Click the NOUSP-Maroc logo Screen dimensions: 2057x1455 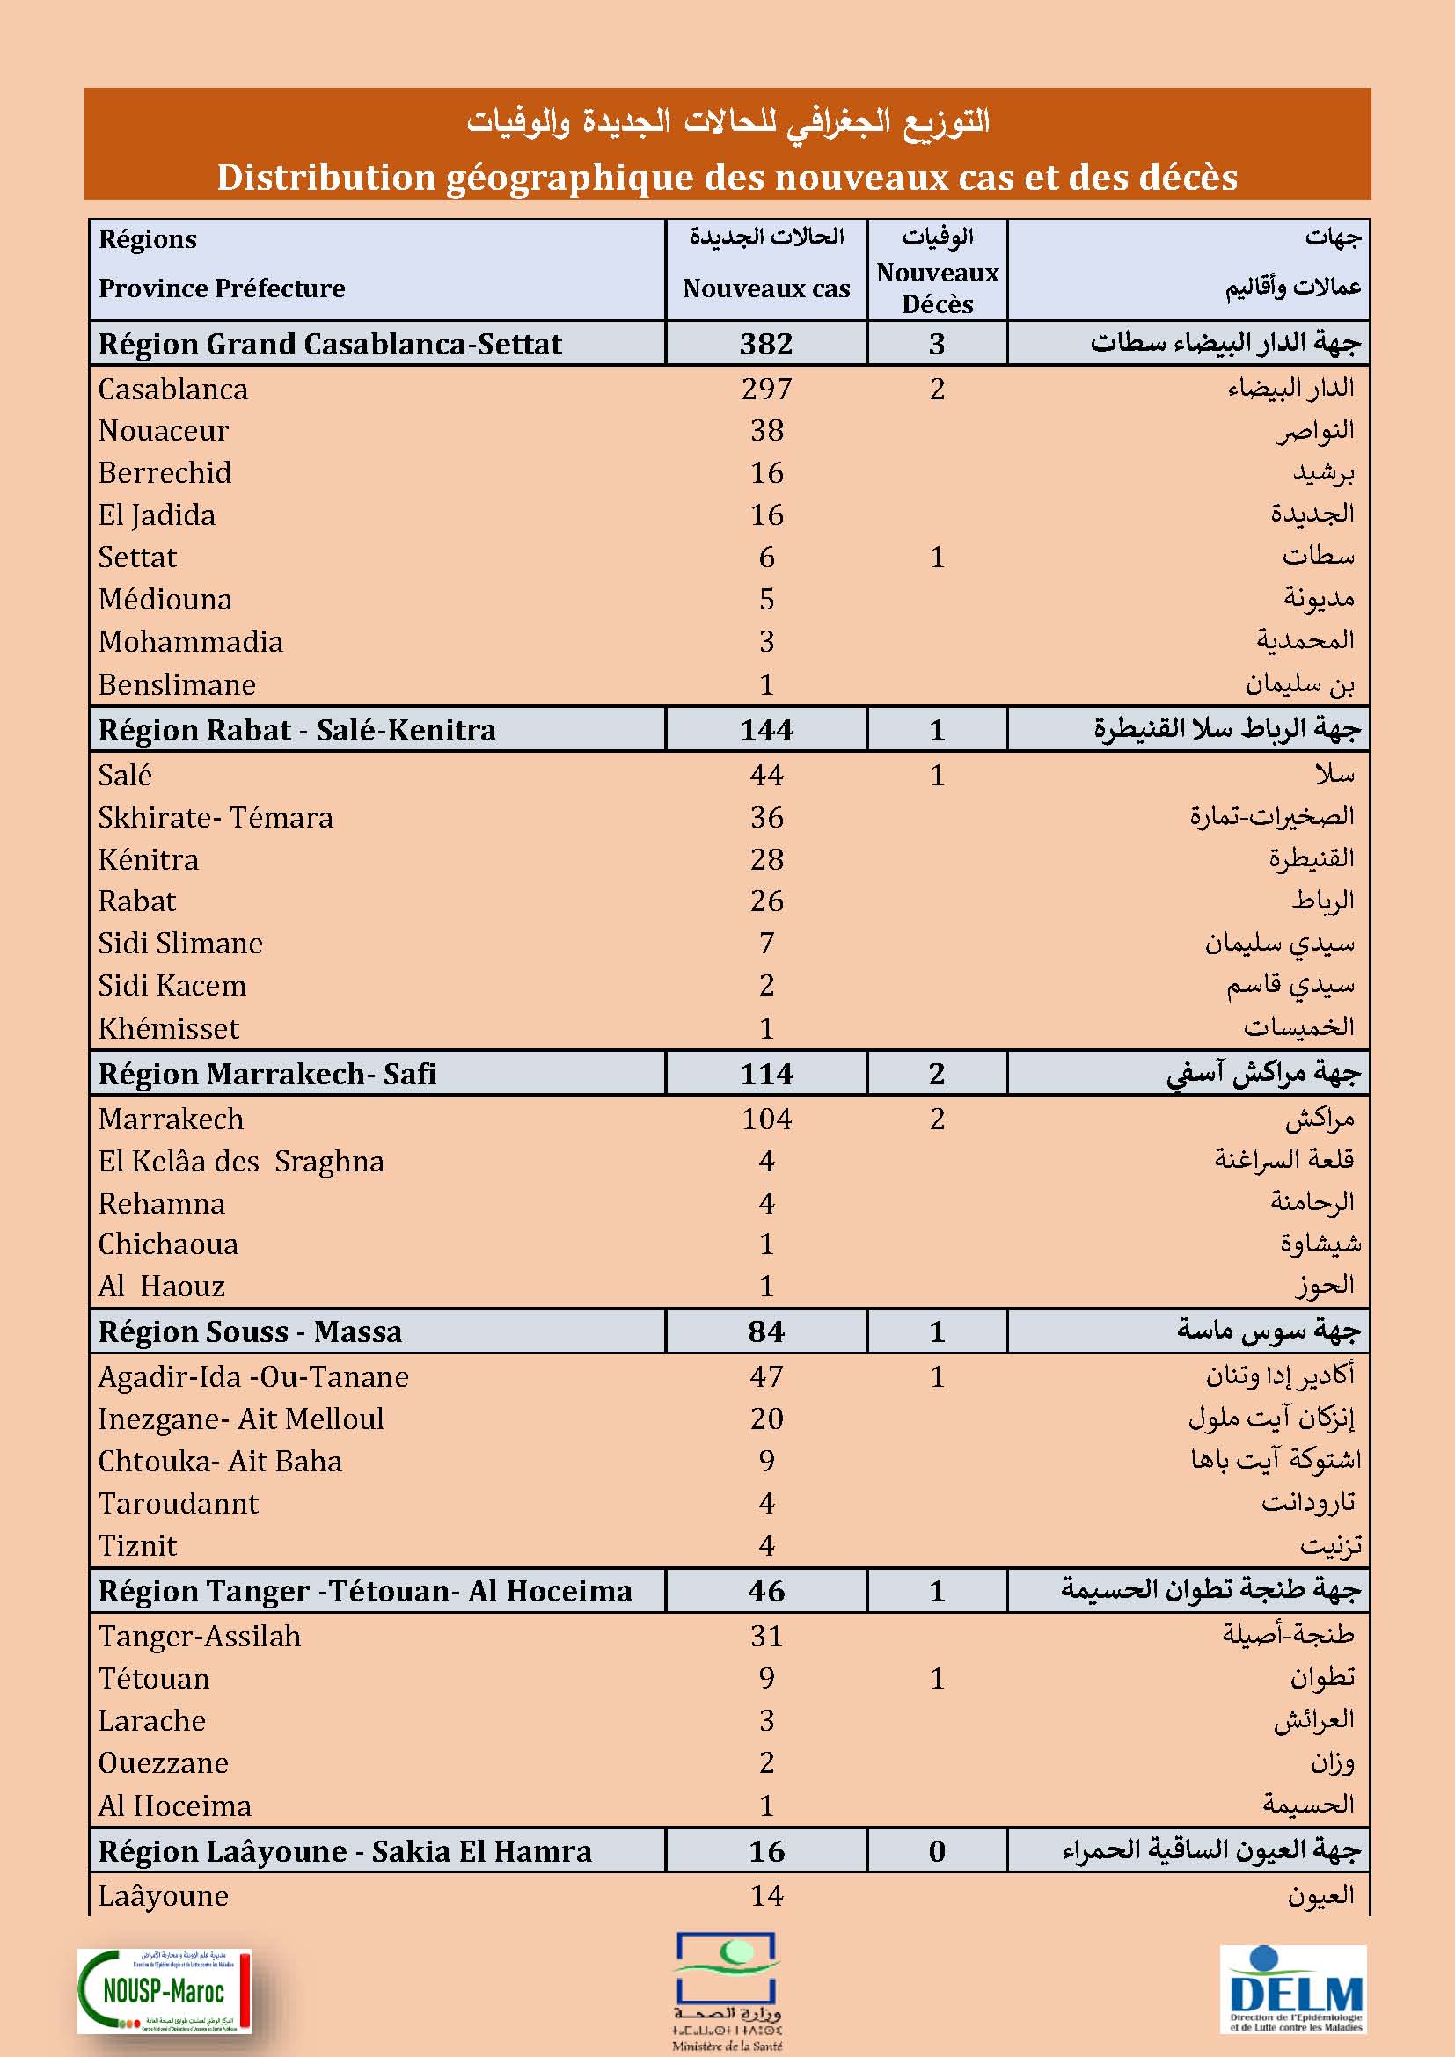pyautogui.click(x=165, y=1991)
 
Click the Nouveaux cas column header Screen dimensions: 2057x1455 pyautogui.click(x=766, y=288)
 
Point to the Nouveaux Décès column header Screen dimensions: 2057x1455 pyautogui.click(x=937, y=288)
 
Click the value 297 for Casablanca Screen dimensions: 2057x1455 pyautogui.click(x=766, y=389)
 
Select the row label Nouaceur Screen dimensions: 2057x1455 pyautogui.click(x=163, y=431)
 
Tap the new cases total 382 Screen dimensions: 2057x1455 pyautogui.click(x=766, y=344)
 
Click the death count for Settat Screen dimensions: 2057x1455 pyautogui.click(x=937, y=558)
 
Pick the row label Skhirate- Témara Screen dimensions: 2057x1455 pyautogui.click(x=215, y=817)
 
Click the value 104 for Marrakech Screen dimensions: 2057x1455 pyautogui.click(x=766, y=1119)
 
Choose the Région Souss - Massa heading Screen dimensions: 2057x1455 pyautogui.click(x=250, y=1331)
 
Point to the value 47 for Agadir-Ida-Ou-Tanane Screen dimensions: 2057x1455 pyautogui.click(x=766, y=1376)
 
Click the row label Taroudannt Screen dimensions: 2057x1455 pyautogui.click(x=179, y=1503)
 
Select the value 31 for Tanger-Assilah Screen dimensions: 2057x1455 pyautogui.click(x=766, y=1636)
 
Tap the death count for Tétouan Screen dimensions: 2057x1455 pyautogui.click(x=937, y=1678)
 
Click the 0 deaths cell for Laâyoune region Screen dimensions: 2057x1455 pyautogui.click(x=937, y=1851)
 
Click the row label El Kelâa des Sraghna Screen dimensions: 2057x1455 pyautogui.click(x=241, y=1161)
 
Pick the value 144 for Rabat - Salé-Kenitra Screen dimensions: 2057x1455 pyautogui.click(x=766, y=730)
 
